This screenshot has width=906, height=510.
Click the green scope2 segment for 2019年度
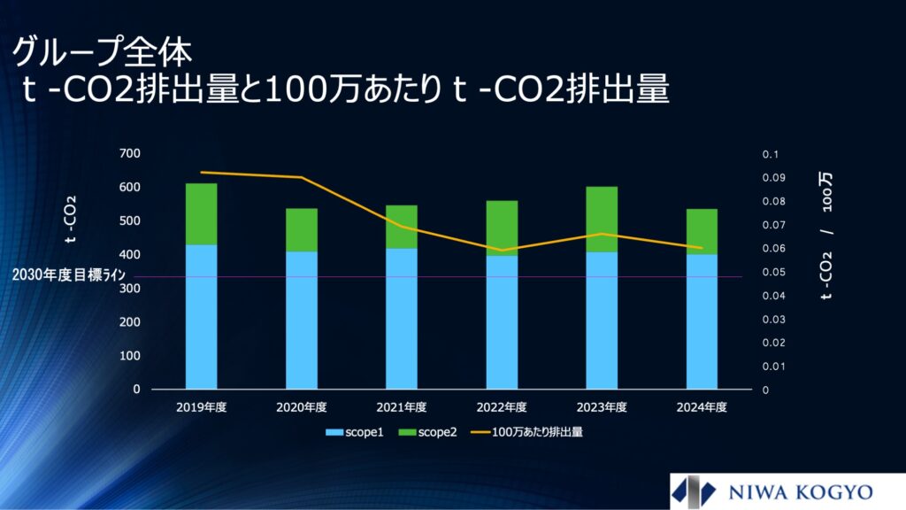click(x=201, y=214)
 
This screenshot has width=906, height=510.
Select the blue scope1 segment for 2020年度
click(x=302, y=321)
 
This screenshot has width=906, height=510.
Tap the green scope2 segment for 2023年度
click(x=602, y=220)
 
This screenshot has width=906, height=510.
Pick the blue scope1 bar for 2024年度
click(x=702, y=321)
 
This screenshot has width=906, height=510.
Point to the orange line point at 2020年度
click(x=302, y=177)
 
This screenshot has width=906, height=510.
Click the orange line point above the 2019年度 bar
click(x=202, y=173)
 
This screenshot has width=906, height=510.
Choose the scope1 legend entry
click(x=355, y=432)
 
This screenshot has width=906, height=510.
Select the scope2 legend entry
click(x=428, y=432)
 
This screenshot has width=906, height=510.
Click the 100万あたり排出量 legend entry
click(x=527, y=432)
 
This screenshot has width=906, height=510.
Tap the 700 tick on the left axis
click(x=129, y=153)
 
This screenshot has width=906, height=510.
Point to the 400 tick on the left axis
click(x=129, y=254)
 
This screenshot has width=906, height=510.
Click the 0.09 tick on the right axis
click(x=773, y=177)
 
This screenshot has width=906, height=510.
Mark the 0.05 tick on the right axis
click(x=773, y=272)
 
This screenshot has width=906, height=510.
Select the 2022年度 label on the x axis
click(x=502, y=407)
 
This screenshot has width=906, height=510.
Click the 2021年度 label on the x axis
click(x=402, y=407)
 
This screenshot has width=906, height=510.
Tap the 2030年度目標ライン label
click(x=69, y=274)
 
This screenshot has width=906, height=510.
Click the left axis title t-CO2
click(x=71, y=220)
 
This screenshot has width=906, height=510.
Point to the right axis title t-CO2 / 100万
click(x=827, y=236)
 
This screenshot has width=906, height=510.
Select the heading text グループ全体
click(x=102, y=52)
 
